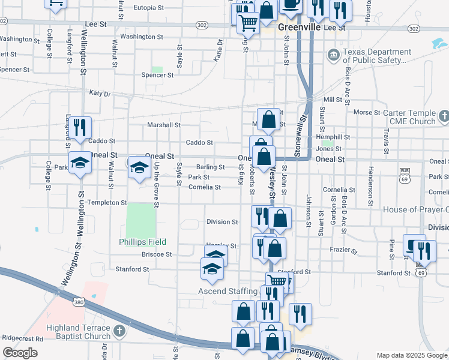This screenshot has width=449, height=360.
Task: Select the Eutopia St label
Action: coord(149,8)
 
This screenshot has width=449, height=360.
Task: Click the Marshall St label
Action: coord(164,125)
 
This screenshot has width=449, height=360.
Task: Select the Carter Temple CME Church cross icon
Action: coord(444,116)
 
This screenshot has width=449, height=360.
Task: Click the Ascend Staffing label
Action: coord(228,292)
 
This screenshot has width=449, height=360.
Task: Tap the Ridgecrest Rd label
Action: coord(22,339)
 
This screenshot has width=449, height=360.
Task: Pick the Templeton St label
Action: coord(107,203)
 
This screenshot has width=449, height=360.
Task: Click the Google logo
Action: coord(20,353)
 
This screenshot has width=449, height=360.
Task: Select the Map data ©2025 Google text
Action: coord(411,355)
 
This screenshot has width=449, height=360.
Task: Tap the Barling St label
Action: coord(210,167)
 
